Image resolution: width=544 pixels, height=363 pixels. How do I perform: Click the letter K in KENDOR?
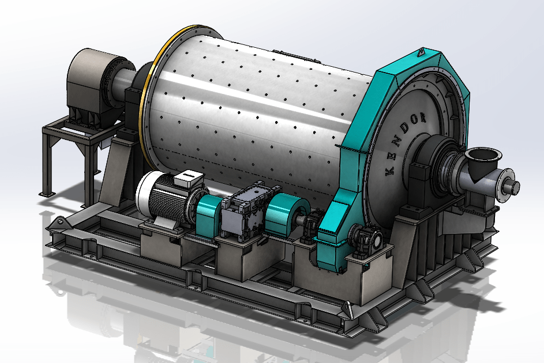(390, 171)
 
